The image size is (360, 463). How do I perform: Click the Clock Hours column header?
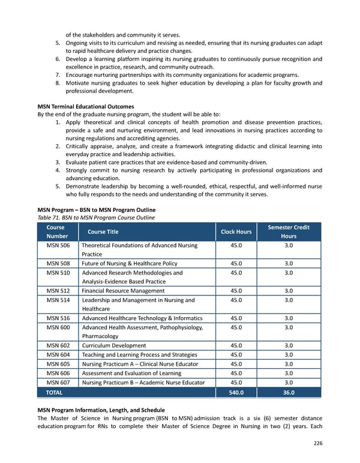pyautogui.click(x=236, y=232)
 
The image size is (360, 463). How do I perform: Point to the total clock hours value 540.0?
pyautogui.click(x=236, y=393)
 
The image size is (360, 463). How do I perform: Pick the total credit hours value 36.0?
pyautogui.click(x=288, y=393)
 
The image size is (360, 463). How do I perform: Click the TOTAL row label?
pyautogui.click(x=53, y=393)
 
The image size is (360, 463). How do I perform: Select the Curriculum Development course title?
pyautogui.click(x=114, y=345)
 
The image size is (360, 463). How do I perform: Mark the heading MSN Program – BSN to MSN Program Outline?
pyautogui.click(x=96, y=209)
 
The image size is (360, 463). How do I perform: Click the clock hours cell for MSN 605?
pyautogui.click(x=236, y=364)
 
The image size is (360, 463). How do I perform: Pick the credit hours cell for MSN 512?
pyautogui.click(x=288, y=291)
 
